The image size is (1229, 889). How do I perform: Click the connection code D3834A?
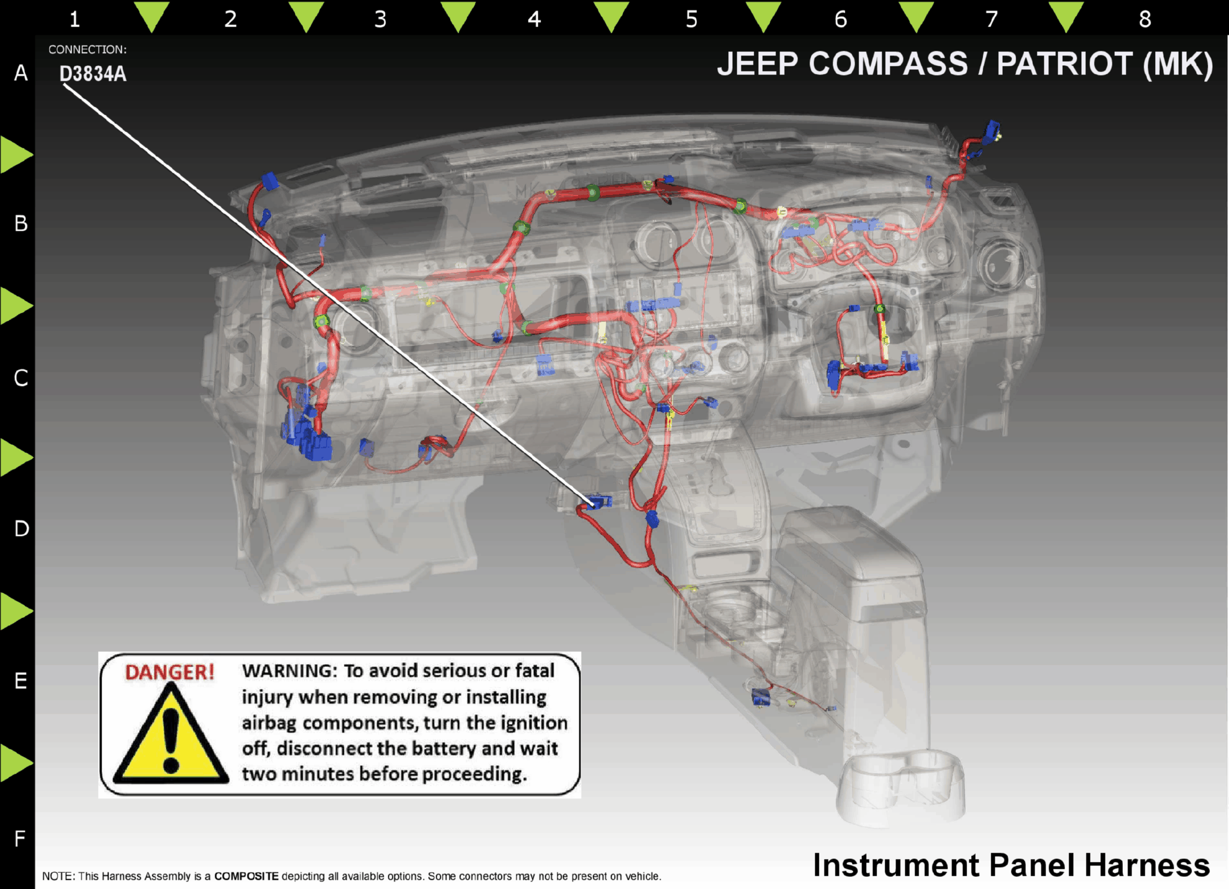tap(93, 74)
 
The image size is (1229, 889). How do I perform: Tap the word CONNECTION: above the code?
tap(87, 50)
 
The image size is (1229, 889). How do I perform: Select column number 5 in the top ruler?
tap(691, 19)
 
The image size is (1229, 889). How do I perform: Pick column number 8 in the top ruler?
tap(1145, 19)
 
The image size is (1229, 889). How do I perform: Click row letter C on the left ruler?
tap(21, 378)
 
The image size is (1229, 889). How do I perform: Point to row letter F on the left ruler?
tap(20, 838)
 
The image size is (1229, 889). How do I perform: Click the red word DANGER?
tap(170, 672)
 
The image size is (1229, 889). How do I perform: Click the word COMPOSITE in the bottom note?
tap(246, 876)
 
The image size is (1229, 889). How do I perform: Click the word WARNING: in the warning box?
tap(289, 670)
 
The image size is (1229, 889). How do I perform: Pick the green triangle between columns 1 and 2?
tap(152, 16)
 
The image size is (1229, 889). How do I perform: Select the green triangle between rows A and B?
tap(16, 154)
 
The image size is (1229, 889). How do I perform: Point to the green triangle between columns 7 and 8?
tap(1066, 16)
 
